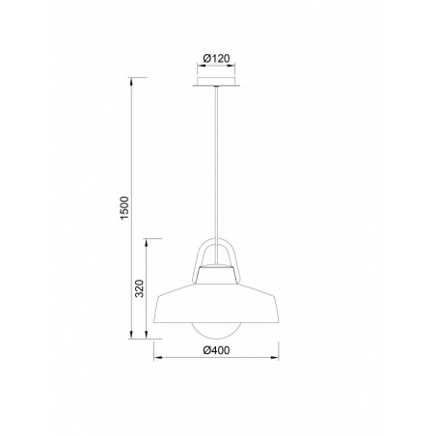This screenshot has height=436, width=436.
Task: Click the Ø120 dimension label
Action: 218,59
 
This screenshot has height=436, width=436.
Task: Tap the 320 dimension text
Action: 139,288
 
